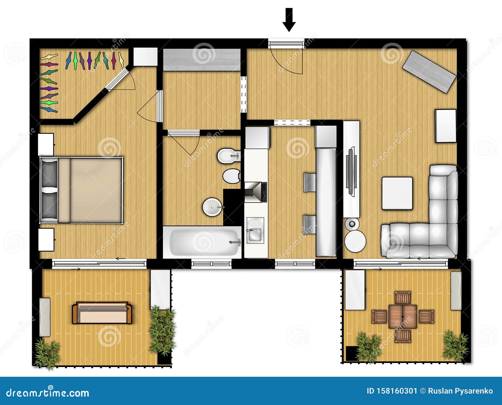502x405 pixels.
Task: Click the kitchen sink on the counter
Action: pyautogui.click(x=255, y=231)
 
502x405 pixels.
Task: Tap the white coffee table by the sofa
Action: pyautogui.click(x=397, y=193)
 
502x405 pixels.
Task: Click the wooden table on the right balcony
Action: pyautogui.click(x=403, y=317)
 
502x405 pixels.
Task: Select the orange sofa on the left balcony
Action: pyautogui.click(x=102, y=313)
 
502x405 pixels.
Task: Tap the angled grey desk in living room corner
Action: pyautogui.click(x=429, y=71)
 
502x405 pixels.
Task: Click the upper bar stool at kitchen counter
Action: pyautogui.click(x=309, y=182)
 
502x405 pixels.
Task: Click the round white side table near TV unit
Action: pyautogui.click(x=355, y=241)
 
